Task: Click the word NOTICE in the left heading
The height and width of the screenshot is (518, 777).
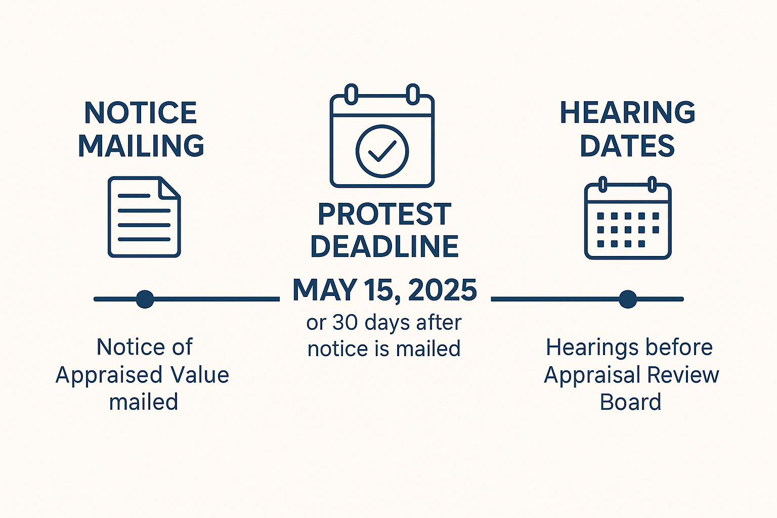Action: [141, 113]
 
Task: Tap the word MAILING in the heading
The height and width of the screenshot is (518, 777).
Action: [141, 146]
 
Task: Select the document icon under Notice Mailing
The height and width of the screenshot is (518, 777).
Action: [144, 217]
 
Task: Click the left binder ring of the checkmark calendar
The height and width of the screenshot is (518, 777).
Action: [352, 94]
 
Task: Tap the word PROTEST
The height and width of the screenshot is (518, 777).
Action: [384, 215]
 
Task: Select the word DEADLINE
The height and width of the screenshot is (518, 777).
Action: [384, 246]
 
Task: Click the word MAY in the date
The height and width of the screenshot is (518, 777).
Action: [324, 290]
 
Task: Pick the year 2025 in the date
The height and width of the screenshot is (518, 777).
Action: [443, 290]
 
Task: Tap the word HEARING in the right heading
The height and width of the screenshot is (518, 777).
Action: [627, 113]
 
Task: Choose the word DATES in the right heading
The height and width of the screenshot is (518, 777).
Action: [627, 146]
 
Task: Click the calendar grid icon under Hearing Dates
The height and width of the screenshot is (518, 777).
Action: [628, 218]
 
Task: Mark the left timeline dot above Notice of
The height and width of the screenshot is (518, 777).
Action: [145, 299]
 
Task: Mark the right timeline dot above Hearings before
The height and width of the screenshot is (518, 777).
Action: [628, 299]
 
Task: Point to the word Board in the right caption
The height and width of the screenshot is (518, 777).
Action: [631, 402]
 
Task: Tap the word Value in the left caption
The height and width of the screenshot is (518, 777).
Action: [200, 375]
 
